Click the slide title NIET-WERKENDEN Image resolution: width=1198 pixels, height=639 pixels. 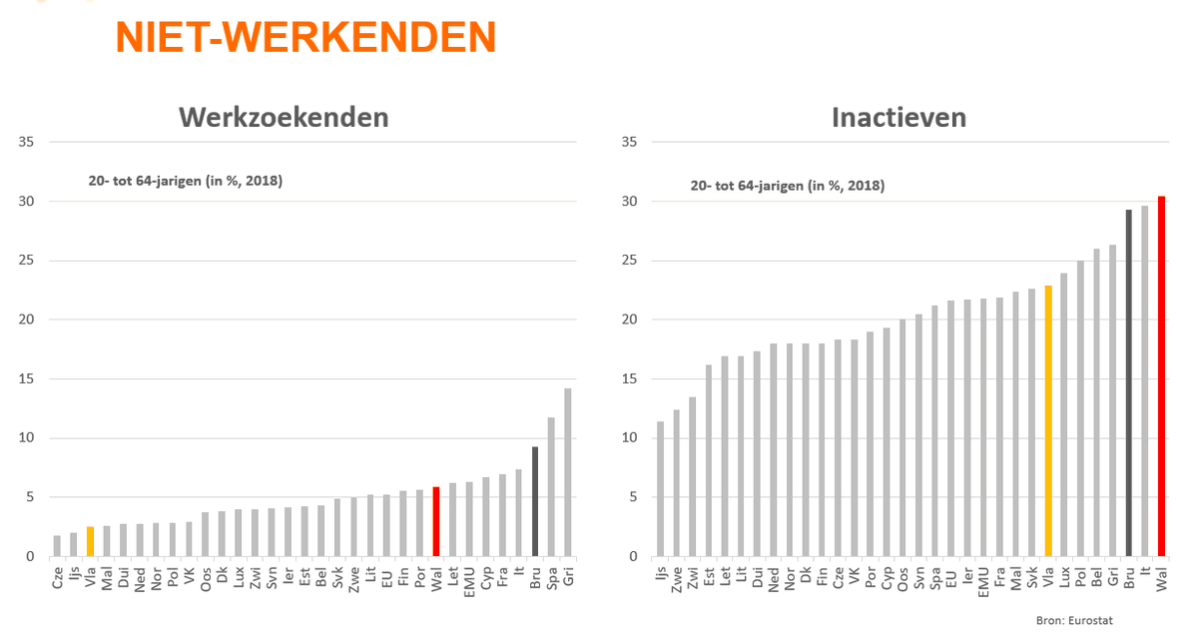(305, 37)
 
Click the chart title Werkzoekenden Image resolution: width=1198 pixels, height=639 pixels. (284, 117)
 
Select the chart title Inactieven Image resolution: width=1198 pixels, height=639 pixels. (898, 117)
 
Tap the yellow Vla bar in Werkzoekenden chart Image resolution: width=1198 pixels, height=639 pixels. (90, 541)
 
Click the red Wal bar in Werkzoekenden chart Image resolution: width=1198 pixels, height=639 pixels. (436, 521)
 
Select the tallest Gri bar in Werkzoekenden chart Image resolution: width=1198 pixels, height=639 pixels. (568, 472)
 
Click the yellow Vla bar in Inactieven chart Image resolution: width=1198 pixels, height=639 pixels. (1047, 420)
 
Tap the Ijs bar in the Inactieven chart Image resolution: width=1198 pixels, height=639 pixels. (659, 488)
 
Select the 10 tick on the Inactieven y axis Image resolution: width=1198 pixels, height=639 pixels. (627, 438)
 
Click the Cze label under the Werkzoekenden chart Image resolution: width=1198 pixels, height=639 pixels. (57, 578)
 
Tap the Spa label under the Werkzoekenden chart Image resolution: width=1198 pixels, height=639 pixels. (552, 578)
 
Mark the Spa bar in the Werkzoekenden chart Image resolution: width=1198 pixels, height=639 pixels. (551, 486)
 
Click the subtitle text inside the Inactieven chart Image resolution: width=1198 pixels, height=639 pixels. (788, 186)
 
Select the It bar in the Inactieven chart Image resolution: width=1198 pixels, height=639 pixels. (1144, 380)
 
